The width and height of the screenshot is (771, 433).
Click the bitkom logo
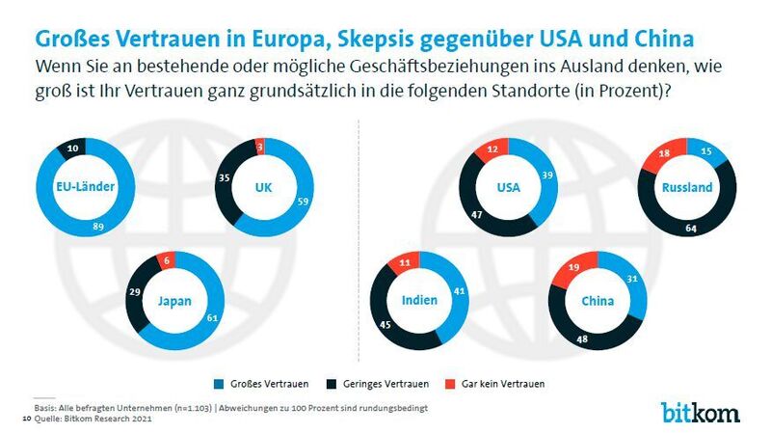[x=701, y=412]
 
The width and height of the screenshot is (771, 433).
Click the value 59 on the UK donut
[x=275, y=203]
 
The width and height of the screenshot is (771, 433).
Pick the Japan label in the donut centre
[x=174, y=300]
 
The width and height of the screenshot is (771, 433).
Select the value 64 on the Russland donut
[x=691, y=229]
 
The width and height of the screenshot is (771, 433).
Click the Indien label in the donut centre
[x=421, y=300]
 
